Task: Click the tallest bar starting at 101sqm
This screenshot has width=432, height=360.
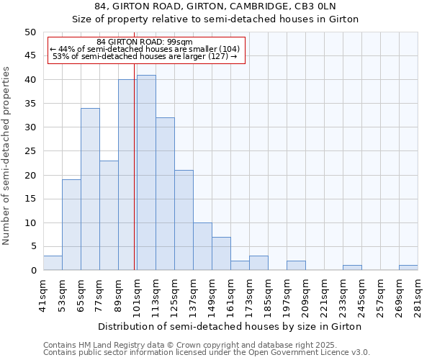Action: [x=146, y=173]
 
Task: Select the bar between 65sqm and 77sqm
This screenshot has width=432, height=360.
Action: [x=90, y=189]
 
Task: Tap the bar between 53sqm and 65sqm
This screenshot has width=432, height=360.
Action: [x=71, y=225]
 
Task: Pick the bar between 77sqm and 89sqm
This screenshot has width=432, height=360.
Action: [x=109, y=215]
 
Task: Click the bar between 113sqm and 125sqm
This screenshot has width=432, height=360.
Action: [x=165, y=194]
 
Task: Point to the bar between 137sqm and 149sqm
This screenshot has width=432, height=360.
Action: [x=202, y=246]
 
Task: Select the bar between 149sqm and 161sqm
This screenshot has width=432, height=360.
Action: [x=221, y=253]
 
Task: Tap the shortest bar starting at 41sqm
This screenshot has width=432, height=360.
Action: [x=53, y=263]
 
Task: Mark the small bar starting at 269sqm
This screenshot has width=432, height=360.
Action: [x=408, y=267]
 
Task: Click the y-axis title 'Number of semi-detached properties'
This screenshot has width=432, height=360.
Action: [x=7, y=156]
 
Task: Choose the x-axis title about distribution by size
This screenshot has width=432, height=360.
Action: [x=230, y=326]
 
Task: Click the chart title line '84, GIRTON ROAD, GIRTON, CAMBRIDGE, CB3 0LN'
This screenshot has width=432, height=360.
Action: [x=215, y=6]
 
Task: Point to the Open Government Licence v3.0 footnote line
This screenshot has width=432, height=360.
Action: [x=206, y=353]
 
